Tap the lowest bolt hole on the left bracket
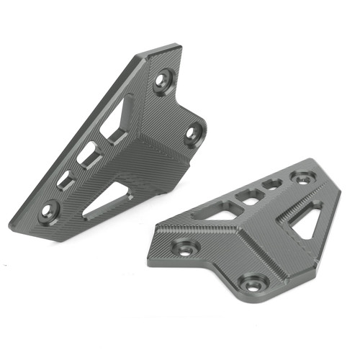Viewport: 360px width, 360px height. pos(48,210)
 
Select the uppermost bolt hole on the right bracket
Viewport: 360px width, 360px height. pos(301,176)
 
